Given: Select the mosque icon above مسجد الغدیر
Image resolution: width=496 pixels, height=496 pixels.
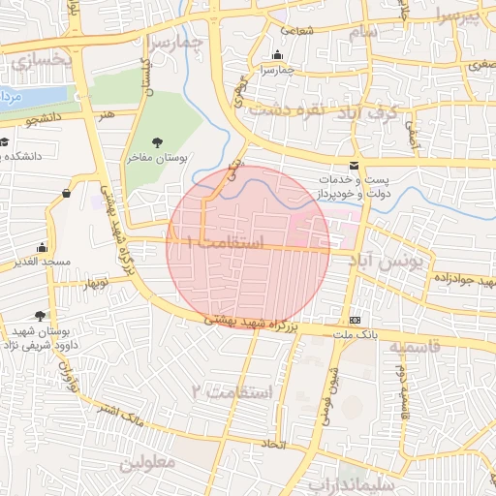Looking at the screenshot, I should pyautogui.click(x=41, y=248).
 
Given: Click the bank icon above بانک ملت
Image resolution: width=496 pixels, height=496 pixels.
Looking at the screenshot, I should pyautogui.click(x=355, y=320).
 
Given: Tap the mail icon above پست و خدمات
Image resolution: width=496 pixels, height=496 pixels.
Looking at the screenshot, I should pyautogui.click(x=354, y=166).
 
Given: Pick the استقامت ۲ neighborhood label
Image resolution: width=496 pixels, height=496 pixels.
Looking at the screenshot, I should pyautogui.click(x=233, y=391).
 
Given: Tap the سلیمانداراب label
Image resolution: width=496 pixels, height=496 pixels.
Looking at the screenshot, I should pyautogui.click(x=349, y=483).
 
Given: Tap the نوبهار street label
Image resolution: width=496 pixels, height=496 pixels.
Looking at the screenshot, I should pyautogui.click(x=97, y=284).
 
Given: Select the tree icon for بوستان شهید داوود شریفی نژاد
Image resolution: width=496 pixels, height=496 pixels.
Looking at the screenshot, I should pyautogui.click(x=39, y=316).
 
